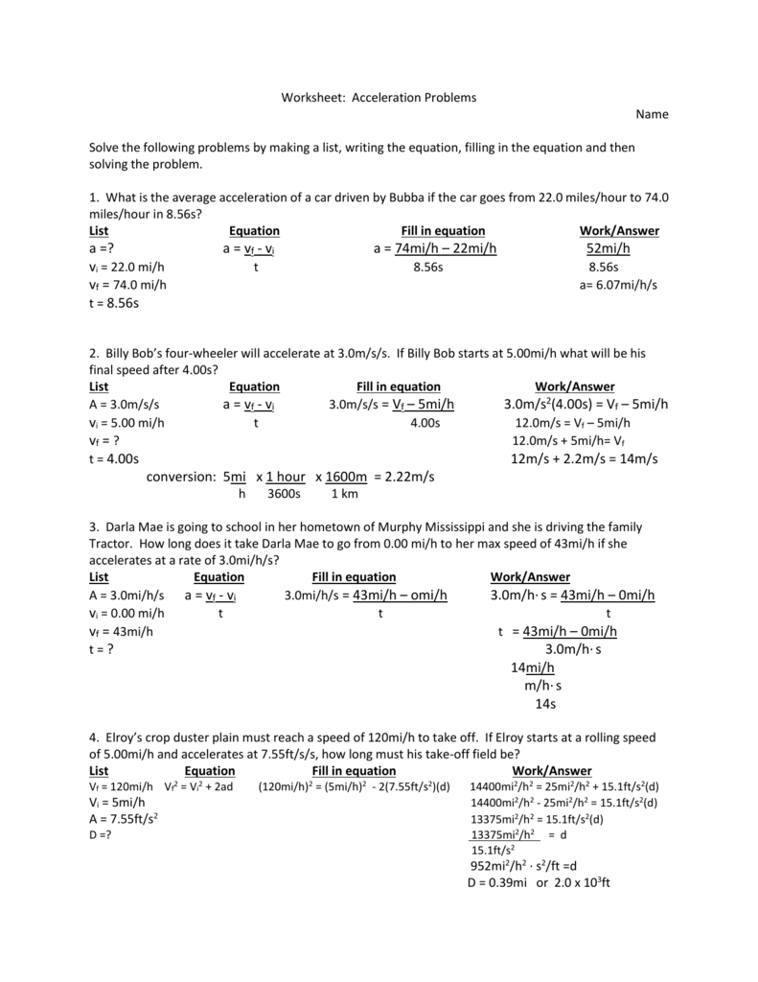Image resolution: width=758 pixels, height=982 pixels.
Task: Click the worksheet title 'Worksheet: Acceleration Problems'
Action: click(x=378, y=98)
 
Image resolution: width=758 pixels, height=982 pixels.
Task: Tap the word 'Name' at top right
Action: click(x=653, y=114)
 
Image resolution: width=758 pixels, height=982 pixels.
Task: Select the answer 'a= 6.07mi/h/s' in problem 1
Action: click(x=618, y=286)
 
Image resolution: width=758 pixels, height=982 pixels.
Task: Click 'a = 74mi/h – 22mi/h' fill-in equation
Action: click(x=435, y=249)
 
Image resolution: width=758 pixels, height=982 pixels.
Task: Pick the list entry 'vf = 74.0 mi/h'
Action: click(x=127, y=286)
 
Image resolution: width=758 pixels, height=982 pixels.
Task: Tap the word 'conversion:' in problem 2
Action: click(x=181, y=477)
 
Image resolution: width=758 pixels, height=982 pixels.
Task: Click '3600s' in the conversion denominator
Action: click(x=284, y=494)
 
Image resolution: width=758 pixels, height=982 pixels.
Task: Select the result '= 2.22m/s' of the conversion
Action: click(x=404, y=477)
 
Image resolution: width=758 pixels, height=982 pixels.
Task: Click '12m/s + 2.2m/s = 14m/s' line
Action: click(x=585, y=459)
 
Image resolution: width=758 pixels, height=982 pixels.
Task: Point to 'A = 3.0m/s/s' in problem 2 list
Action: click(x=124, y=405)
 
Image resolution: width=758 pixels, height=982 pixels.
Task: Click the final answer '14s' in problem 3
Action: click(x=545, y=703)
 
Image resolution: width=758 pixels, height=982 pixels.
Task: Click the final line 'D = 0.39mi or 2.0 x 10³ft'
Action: click(x=539, y=882)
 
